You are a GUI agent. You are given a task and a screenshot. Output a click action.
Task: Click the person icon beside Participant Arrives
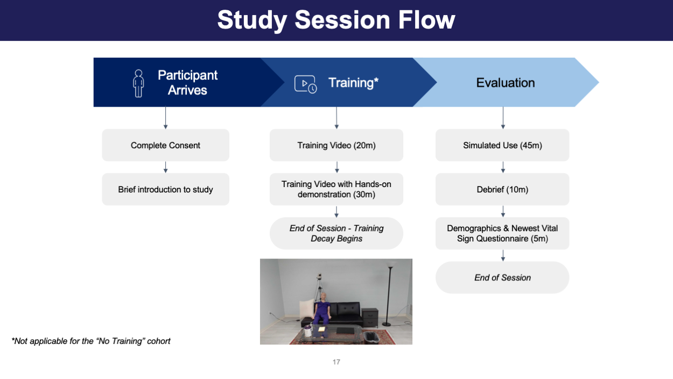(138, 83)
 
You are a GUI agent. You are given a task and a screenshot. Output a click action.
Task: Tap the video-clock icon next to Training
(305, 84)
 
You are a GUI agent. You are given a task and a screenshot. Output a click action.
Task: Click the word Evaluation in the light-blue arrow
(506, 83)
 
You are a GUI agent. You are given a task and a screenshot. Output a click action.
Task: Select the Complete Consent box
(165, 145)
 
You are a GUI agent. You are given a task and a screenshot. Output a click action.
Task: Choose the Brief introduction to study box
(165, 189)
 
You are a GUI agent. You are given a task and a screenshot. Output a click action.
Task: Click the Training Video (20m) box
(336, 145)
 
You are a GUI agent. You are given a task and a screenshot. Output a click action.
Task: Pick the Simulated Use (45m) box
(502, 145)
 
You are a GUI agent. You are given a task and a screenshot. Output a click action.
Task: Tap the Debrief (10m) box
(502, 189)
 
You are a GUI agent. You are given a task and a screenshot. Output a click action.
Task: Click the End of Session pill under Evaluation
(502, 278)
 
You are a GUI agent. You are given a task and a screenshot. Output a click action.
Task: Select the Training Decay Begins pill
(336, 233)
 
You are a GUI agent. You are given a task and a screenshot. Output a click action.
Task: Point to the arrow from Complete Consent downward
(165, 167)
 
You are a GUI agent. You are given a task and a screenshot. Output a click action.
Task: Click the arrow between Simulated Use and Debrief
(502, 167)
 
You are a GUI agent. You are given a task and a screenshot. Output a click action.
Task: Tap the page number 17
(336, 362)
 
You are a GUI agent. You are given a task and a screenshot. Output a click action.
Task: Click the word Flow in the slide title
(425, 20)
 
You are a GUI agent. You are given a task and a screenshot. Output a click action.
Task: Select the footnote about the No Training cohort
(91, 341)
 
